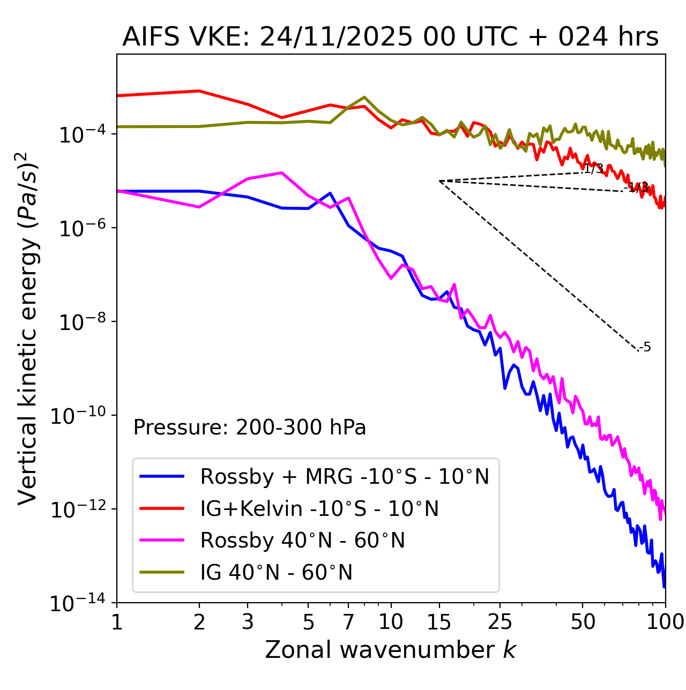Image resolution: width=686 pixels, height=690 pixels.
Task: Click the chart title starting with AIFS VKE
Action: (x=390, y=37)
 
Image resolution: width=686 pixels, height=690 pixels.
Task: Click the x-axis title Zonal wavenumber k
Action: (x=390, y=650)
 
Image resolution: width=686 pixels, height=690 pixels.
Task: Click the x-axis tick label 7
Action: (x=348, y=622)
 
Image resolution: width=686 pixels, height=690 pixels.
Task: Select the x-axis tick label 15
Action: (x=439, y=622)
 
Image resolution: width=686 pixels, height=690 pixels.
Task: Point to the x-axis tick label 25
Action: (x=500, y=622)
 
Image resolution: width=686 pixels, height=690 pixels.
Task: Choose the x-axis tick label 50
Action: (x=583, y=622)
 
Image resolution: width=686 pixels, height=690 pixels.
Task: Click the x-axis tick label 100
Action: (x=665, y=622)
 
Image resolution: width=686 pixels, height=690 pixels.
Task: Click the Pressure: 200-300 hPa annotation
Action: (x=249, y=428)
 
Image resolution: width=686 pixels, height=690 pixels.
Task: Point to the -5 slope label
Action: (x=645, y=348)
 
